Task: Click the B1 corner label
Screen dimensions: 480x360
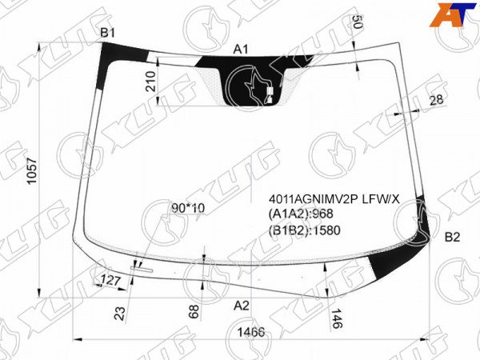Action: [x=108, y=33]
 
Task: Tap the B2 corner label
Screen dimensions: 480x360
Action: [x=452, y=237]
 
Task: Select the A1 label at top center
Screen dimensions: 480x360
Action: [x=241, y=50]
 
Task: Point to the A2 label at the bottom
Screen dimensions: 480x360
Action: [x=242, y=306]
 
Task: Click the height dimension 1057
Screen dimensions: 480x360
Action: [x=32, y=171]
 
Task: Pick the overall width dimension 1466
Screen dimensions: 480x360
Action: [x=251, y=332]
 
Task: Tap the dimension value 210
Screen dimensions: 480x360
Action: [x=151, y=81]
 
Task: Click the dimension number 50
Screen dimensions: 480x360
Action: [x=358, y=22]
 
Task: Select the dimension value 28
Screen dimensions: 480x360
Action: [x=436, y=100]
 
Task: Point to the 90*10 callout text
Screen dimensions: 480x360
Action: [x=188, y=209]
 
